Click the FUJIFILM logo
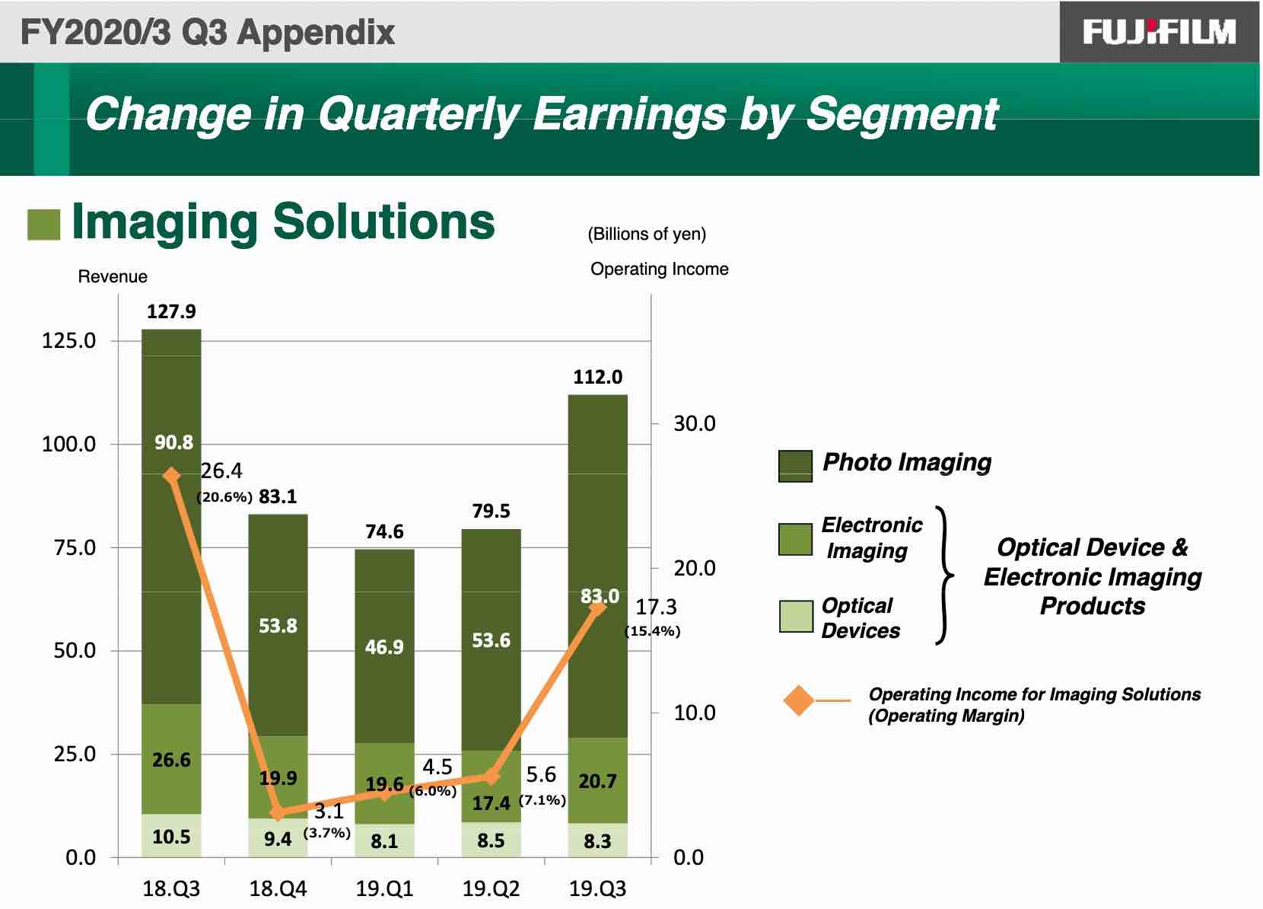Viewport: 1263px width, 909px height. point(1159,32)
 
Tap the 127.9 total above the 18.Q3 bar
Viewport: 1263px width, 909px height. point(171,311)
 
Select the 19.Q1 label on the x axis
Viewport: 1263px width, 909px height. point(384,888)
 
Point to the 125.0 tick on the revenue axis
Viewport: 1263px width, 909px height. point(68,340)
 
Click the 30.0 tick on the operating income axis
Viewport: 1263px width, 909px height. point(695,423)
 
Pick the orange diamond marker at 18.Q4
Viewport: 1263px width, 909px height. point(278,813)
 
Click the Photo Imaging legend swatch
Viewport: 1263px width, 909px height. point(795,466)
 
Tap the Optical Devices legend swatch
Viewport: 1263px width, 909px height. point(796,616)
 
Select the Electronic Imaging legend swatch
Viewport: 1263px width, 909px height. point(795,540)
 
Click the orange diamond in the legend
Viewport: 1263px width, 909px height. point(799,700)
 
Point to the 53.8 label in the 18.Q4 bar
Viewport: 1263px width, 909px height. point(278,626)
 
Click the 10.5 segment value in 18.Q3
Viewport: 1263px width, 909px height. point(171,837)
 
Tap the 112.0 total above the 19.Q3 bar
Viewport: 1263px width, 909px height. point(598,377)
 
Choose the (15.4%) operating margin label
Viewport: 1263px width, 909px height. point(652,631)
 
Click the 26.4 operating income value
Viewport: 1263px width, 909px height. point(221,470)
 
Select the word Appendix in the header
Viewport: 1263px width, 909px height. point(316,33)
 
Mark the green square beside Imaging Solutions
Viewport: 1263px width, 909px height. point(44,225)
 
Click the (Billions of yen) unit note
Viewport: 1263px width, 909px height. point(647,234)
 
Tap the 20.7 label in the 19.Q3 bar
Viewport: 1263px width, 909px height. point(598,781)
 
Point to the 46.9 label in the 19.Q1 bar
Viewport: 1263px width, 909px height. point(384,647)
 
